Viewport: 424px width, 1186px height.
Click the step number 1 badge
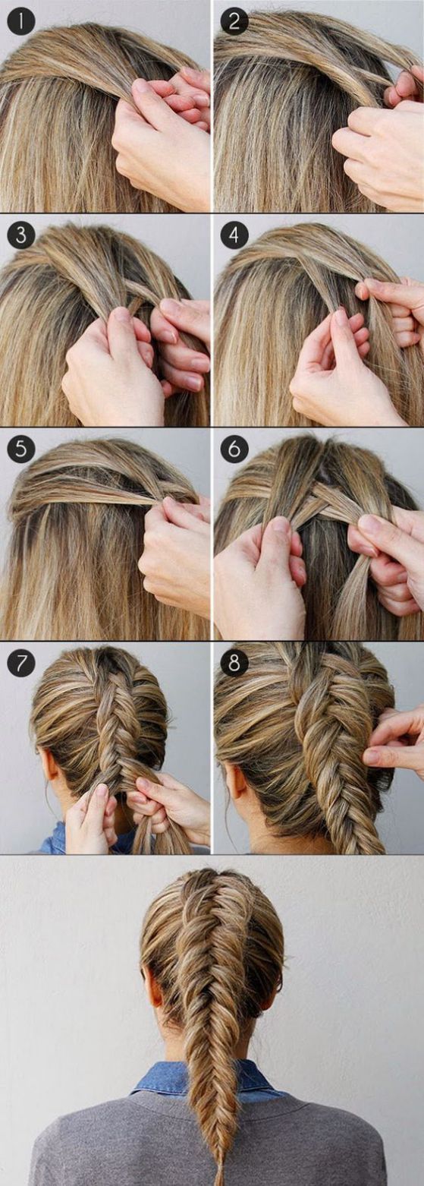[x=20, y=21]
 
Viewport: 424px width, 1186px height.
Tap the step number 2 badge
[x=234, y=21]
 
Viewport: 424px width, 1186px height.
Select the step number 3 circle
[x=20, y=235]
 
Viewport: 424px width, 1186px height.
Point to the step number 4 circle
[x=234, y=235]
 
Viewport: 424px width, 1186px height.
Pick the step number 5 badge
[x=20, y=449]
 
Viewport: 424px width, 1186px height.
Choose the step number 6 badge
[x=234, y=449]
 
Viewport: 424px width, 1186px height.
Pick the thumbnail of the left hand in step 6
[x=280, y=524]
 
